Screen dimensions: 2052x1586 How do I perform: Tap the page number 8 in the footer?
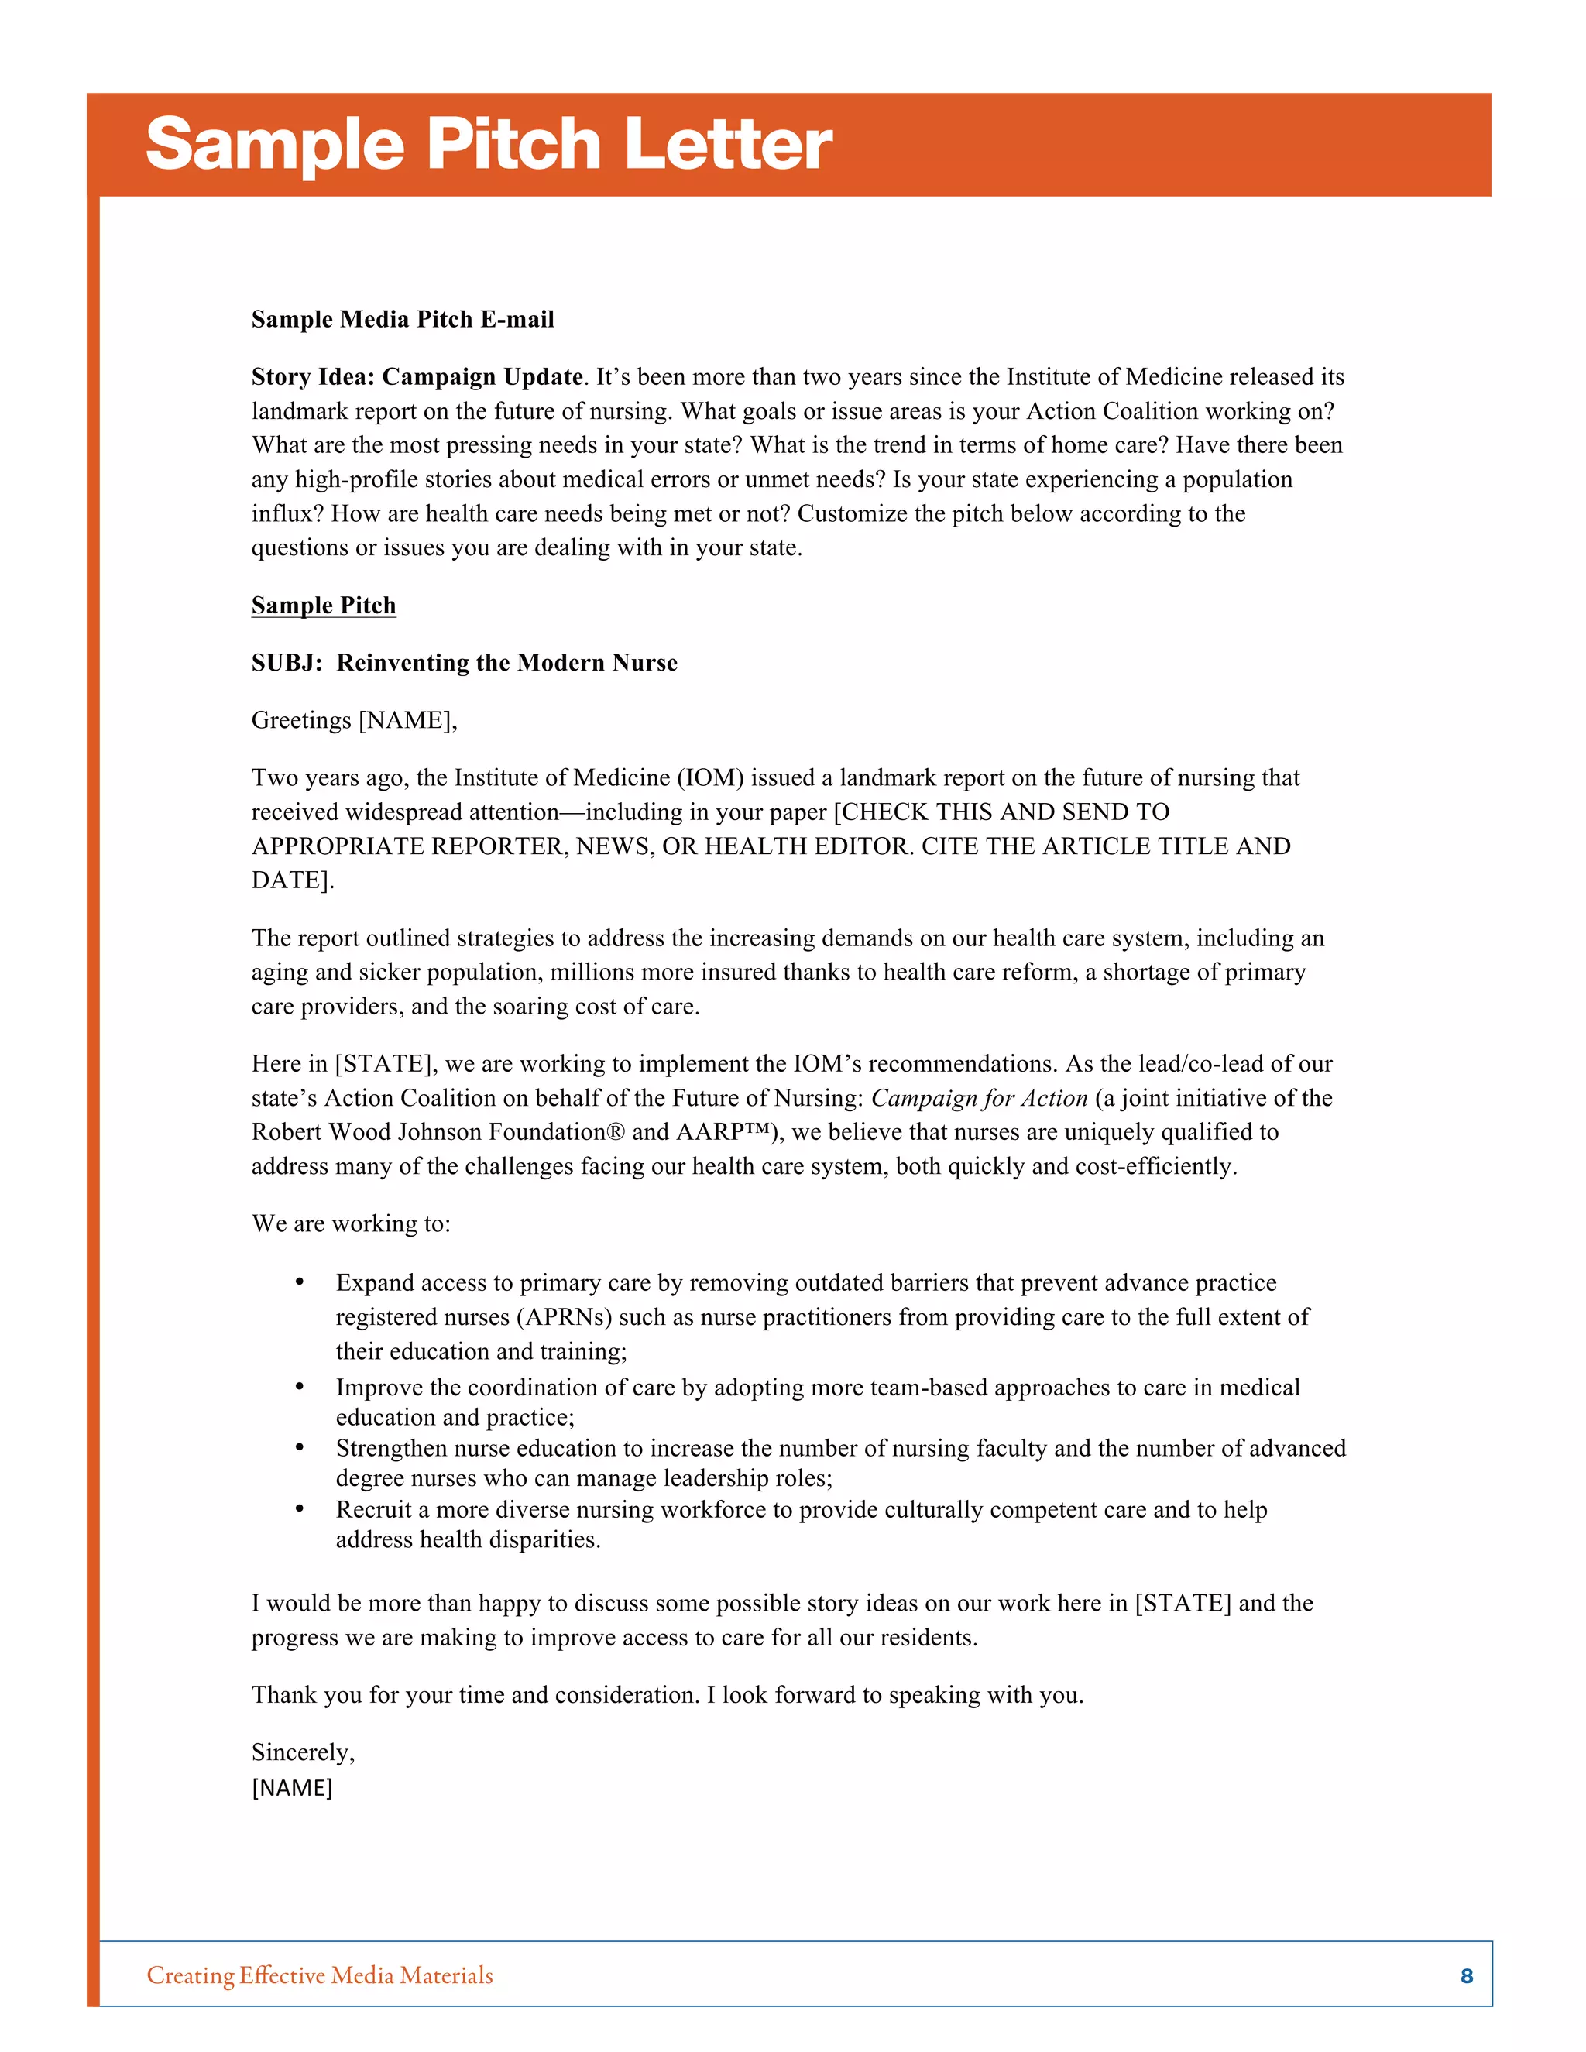pos(1466,1976)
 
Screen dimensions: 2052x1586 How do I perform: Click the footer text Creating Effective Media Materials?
pos(320,1975)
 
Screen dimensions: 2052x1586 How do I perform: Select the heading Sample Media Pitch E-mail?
pos(402,320)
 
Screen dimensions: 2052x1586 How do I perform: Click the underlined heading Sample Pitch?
pos(323,605)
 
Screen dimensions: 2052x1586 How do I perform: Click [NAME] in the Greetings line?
pos(406,721)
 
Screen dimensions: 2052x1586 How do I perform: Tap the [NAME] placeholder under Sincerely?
pos(291,1787)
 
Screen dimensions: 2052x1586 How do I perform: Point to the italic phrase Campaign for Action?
pos(979,1098)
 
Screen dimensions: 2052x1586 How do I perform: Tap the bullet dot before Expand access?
pos(300,1282)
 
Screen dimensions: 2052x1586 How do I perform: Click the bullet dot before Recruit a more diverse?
pos(300,1509)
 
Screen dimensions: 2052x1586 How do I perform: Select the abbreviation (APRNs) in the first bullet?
pos(564,1317)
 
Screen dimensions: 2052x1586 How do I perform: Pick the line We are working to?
pos(351,1223)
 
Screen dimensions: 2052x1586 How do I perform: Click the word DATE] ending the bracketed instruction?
pos(292,880)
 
